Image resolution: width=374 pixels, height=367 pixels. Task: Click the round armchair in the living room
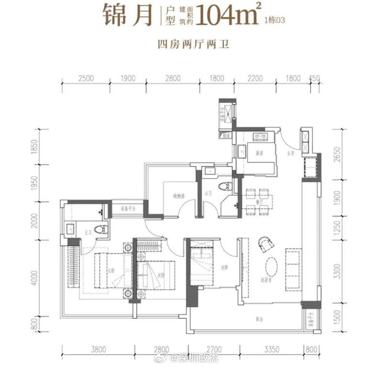click(x=264, y=244)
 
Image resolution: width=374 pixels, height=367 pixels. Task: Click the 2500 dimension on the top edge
click(x=85, y=79)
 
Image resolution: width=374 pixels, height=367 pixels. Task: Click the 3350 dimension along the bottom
click(x=269, y=349)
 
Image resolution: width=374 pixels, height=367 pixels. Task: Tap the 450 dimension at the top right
click(x=315, y=79)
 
